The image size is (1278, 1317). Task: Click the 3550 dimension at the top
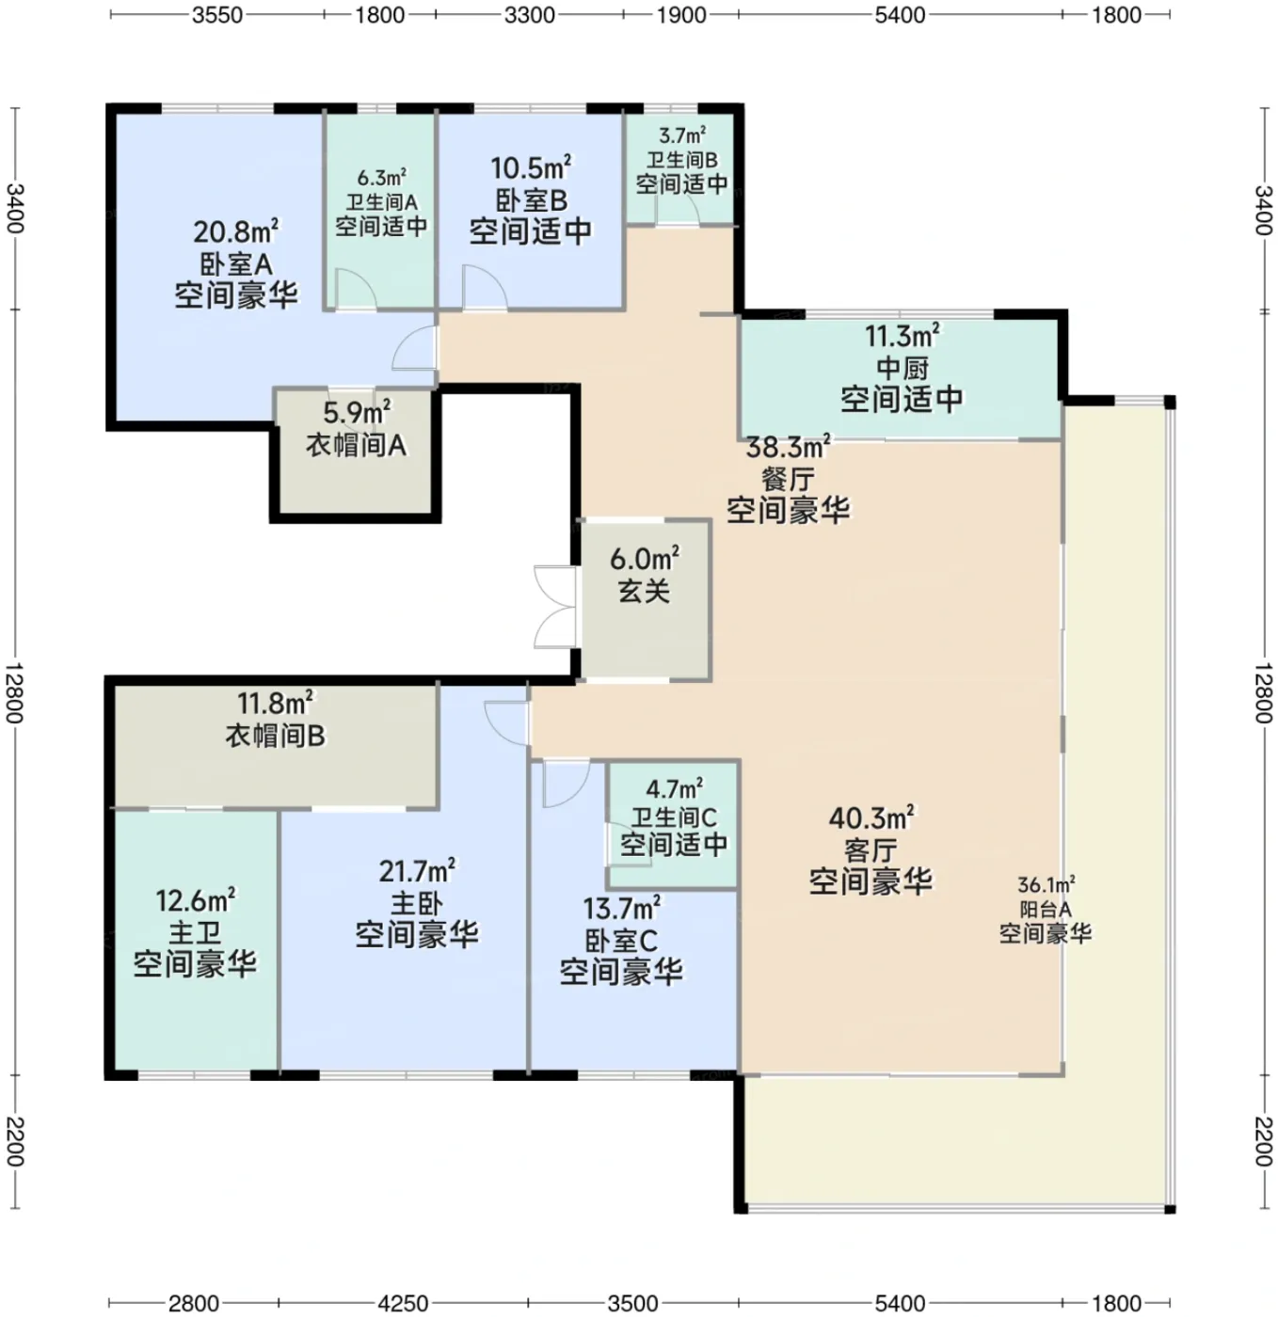click(x=216, y=15)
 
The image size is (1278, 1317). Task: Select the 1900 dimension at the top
click(x=681, y=15)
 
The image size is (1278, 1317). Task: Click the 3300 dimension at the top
click(x=529, y=15)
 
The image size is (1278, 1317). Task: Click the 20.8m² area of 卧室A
click(x=235, y=231)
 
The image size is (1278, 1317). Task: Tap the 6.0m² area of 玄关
click(x=644, y=559)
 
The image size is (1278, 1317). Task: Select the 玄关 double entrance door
click(x=555, y=607)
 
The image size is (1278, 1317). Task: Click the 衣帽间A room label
click(x=356, y=445)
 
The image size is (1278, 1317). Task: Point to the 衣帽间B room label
click(x=276, y=735)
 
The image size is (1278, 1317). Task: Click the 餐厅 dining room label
click(x=788, y=480)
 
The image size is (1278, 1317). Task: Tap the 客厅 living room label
click(x=871, y=849)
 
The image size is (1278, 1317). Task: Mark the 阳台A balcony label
click(x=1046, y=909)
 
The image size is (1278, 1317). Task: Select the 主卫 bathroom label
click(x=195, y=933)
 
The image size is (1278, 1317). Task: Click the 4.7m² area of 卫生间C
click(x=674, y=787)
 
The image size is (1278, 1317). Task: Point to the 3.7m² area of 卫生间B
click(x=682, y=135)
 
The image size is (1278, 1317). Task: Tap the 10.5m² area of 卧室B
click(x=530, y=167)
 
